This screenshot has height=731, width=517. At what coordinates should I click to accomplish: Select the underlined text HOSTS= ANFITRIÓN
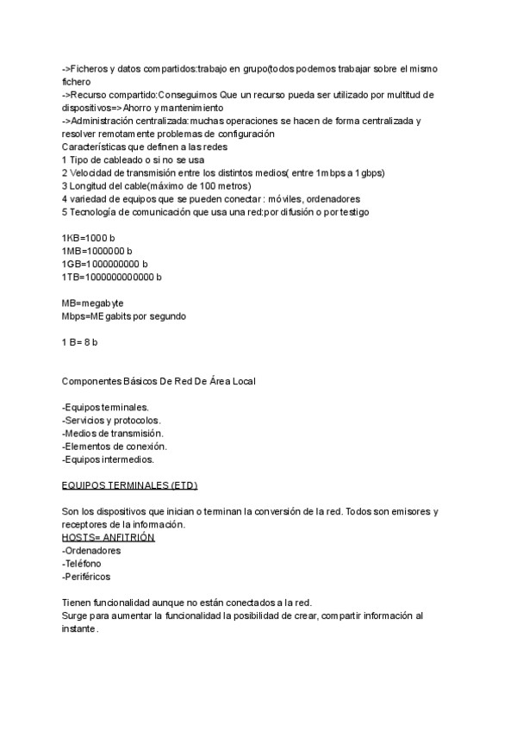(109, 537)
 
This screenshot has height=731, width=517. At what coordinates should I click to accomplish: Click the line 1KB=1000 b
(89, 237)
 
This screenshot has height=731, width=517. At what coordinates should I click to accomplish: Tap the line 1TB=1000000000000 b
(112, 277)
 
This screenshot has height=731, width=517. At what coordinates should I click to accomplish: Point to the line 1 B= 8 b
(80, 341)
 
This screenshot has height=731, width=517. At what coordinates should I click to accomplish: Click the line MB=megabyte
(93, 303)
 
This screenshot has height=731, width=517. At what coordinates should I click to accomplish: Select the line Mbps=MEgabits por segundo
(124, 316)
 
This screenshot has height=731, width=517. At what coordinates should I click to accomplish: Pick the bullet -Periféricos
(86, 576)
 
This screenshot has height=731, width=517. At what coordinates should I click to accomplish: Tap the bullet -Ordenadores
(91, 550)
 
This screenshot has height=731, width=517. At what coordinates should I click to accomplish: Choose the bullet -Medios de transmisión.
(113, 433)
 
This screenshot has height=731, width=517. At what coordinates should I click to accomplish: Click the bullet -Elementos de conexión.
(115, 446)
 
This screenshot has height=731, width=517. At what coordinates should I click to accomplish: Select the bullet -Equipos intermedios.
(108, 459)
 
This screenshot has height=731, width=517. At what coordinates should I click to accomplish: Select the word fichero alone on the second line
(76, 81)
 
